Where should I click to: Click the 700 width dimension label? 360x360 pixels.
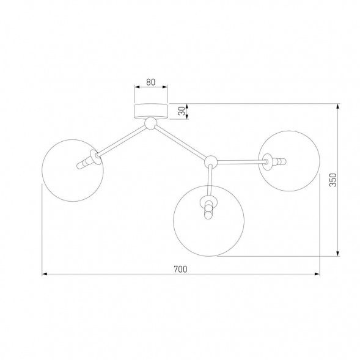pyautogui.click(x=180, y=269)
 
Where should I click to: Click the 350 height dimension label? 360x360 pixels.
pyautogui.click(x=332, y=180)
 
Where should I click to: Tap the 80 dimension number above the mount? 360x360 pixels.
pyautogui.click(x=150, y=82)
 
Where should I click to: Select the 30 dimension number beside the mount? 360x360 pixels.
pyautogui.click(x=182, y=111)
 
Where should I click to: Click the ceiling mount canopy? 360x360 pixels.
pyautogui.click(x=151, y=112)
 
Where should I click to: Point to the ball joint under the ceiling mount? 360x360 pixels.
pyautogui.click(x=150, y=123)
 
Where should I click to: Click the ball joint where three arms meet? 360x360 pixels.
pyautogui.click(x=211, y=161)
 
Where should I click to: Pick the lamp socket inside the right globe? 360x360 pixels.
pyautogui.click(x=274, y=161)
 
